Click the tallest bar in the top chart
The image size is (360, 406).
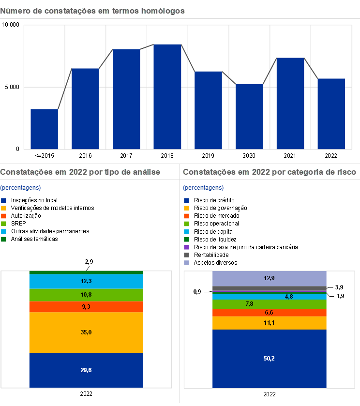tap(167, 96)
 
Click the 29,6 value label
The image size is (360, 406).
tap(86, 370)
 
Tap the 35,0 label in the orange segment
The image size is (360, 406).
tap(86, 332)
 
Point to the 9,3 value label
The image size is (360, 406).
tap(86, 307)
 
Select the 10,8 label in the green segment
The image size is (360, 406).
tap(86, 295)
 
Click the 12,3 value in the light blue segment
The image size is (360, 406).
tap(86, 281)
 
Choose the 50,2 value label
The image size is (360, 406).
tap(270, 359)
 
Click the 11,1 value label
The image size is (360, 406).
tap(270, 323)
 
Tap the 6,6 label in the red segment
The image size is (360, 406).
tap(270, 313)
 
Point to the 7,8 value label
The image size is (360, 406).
tap(250, 304)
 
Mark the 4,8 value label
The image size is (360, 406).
tap(289, 297)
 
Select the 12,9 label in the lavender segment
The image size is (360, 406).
tap(270, 278)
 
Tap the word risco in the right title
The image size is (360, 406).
tap(346, 172)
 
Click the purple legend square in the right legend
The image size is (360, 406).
tap(187, 247)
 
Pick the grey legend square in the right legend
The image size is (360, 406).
tap(187, 255)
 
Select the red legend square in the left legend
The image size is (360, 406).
tap(4, 216)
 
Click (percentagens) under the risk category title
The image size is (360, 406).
tap(203, 188)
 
